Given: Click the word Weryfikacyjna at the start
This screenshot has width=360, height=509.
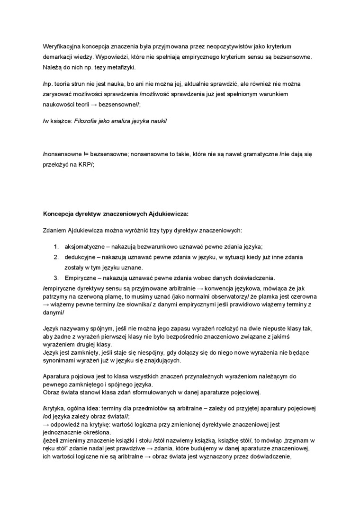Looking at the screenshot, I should point(60,46).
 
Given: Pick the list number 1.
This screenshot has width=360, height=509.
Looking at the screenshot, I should point(55,247).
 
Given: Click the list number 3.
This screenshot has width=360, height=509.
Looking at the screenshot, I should point(55,277).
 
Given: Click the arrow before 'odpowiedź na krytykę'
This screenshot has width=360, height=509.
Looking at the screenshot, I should point(46,424).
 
